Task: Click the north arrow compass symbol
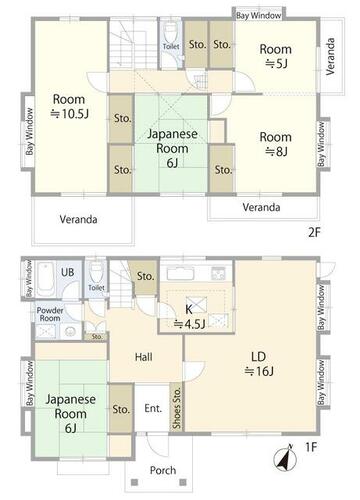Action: click(285, 459)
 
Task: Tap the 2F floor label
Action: click(314, 232)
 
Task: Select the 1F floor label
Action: click(310, 447)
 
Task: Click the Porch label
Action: click(163, 470)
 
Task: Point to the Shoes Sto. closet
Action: click(176, 408)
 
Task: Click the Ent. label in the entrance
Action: click(153, 408)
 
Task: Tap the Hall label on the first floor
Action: click(144, 357)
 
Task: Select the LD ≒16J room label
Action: click(259, 364)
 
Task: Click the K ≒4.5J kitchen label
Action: click(189, 316)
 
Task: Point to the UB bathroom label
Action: click(67, 272)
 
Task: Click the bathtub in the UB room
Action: click(45, 279)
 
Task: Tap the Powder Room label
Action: click(49, 314)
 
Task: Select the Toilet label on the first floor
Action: click(97, 288)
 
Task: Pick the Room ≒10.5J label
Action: click(69, 106)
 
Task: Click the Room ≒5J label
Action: click(276, 56)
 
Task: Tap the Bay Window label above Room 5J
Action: click(259, 15)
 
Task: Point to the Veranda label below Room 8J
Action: click(261, 207)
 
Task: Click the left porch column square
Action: click(134, 482)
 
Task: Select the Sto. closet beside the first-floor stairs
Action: click(145, 277)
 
